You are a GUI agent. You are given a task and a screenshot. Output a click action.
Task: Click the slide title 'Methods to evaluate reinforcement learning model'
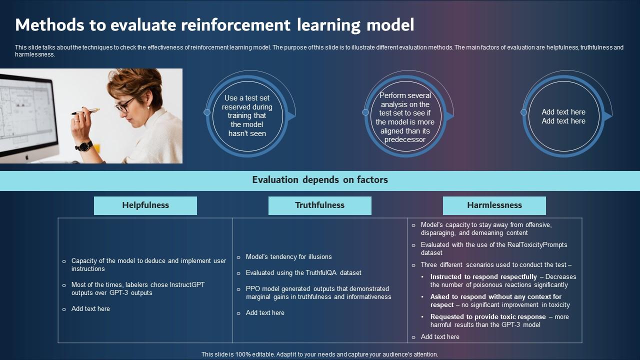[x=214, y=24]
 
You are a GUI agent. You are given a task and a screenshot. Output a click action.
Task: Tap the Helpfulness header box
[x=145, y=205]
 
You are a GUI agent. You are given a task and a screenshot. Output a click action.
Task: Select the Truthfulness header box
[x=320, y=205]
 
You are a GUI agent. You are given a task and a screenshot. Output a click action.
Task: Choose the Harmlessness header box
[x=494, y=205]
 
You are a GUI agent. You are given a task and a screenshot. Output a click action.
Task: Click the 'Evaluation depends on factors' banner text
[x=320, y=180]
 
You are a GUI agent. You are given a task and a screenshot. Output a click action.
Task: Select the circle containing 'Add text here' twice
[x=563, y=116]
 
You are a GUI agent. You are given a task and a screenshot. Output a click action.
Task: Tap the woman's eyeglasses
[x=125, y=105]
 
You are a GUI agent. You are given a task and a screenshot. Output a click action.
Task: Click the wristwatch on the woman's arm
[x=84, y=146]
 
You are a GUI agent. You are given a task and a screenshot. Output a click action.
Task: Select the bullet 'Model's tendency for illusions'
[x=288, y=257]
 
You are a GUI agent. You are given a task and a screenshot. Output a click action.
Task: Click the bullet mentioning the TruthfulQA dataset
[x=303, y=273]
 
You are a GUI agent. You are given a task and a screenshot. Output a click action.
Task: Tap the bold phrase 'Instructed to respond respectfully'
[x=483, y=277]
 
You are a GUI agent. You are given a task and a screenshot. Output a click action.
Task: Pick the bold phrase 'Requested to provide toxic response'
[x=488, y=317]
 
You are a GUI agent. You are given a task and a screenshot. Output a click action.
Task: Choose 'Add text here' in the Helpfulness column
[x=90, y=309]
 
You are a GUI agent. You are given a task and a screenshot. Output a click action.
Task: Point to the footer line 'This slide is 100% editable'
[x=320, y=354]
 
